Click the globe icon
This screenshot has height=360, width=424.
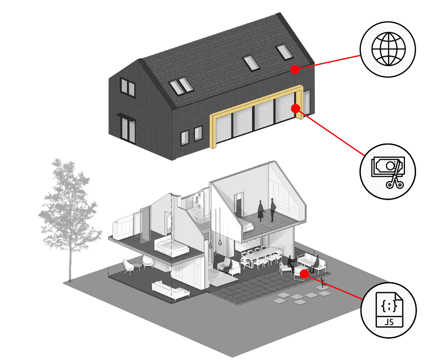click(389, 49)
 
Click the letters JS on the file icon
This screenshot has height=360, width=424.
click(389, 322)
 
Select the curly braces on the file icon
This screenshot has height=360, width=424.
click(389, 306)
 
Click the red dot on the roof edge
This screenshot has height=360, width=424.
click(295, 69)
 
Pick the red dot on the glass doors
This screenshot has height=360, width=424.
click(296, 109)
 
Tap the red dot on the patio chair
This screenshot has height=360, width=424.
click(304, 274)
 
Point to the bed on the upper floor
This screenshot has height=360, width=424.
click(171, 247)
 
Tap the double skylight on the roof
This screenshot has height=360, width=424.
click(181, 86)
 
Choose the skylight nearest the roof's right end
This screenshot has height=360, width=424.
click(284, 52)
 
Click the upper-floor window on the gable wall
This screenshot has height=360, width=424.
click(128, 87)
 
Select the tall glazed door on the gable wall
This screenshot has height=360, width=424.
click(128, 129)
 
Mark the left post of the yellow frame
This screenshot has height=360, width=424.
click(213, 132)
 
